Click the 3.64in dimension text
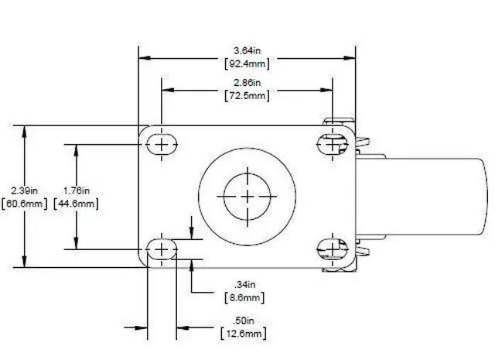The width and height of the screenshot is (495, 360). click(x=247, y=50)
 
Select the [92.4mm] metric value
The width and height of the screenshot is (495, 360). click(x=247, y=63)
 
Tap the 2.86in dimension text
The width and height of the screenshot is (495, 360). click(x=247, y=83)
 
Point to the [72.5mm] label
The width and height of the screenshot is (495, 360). click(x=247, y=95)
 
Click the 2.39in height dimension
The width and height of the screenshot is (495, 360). click(x=24, y=190)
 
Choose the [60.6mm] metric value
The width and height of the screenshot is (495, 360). click(x=24, y=204)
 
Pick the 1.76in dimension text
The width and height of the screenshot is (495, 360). click(x=77, y=190)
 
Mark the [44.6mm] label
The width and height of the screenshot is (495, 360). click(x=76, y=204)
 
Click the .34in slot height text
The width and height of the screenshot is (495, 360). click(x=244, y=284)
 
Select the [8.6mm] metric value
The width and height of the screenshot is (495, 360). click(x=244, y=297)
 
